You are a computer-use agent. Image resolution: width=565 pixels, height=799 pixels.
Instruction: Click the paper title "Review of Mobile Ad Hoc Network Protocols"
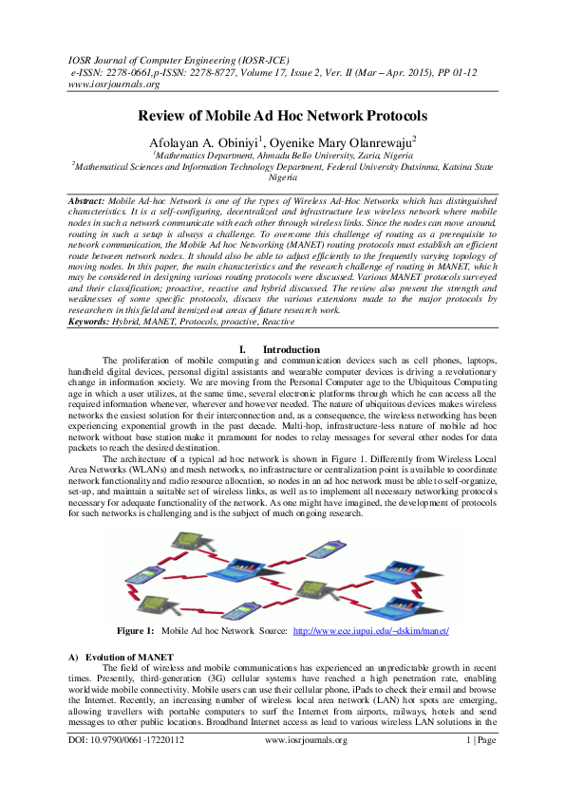click(282, 116)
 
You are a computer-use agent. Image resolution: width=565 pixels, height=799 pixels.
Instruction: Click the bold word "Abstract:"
click(92, 203)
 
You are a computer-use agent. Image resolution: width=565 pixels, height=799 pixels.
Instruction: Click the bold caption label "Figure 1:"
click(135, 631)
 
